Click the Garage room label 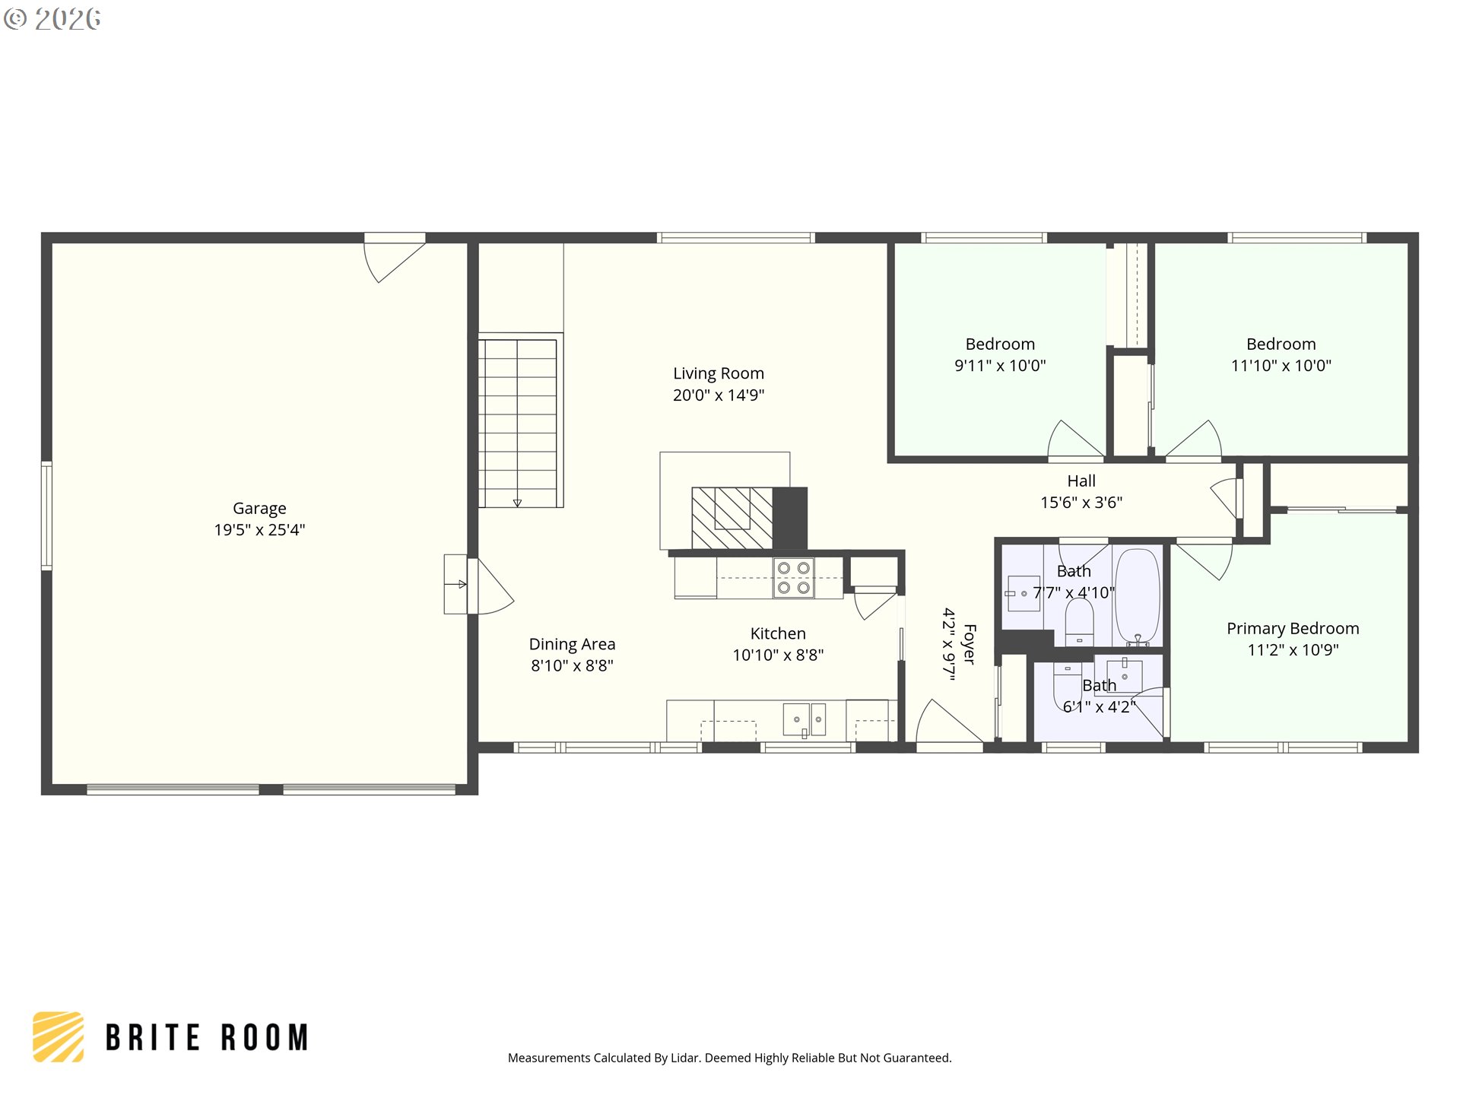(259, 508)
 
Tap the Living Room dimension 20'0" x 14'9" (719, 395)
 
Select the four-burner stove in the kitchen (793, 578)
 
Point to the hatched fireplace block (732, 518)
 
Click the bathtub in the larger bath (1137, 597)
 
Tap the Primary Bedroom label (1293, 628)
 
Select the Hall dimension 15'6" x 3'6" (1081, 502)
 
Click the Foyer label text (970, 644)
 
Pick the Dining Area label (572, 644)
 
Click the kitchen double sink (805, 719)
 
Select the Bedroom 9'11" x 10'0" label (1000, 354)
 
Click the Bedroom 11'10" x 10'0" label (1281, 354)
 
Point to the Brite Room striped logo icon (59, 1036)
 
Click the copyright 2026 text (52, 19)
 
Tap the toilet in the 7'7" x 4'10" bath (1079, 622)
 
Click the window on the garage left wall (46, 515)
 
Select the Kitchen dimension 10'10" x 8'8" (778, 655)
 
